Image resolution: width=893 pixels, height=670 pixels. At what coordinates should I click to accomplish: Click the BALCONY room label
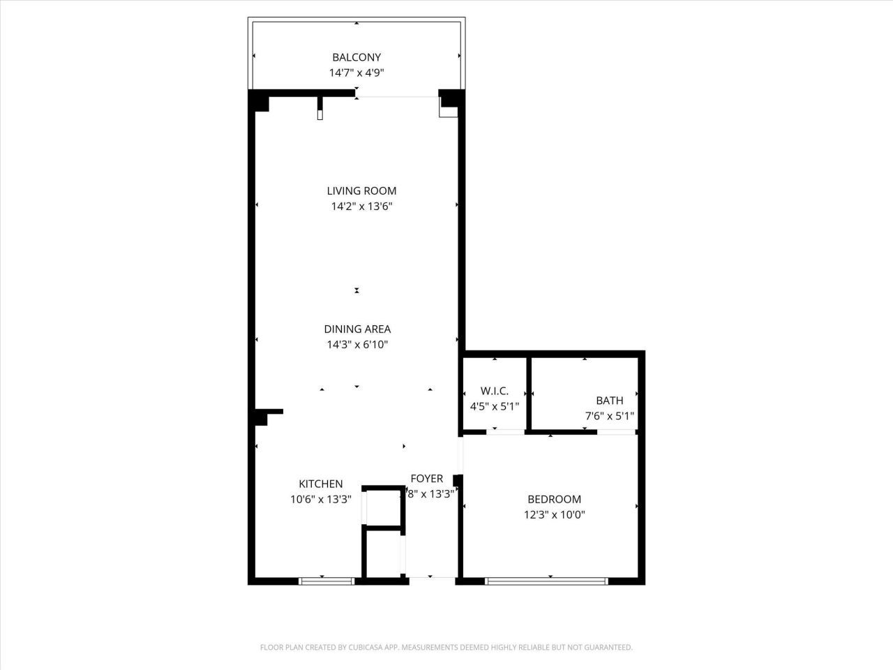[x=357, y=57]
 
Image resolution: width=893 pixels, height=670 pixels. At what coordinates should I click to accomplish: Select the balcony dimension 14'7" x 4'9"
[x=357, y=73]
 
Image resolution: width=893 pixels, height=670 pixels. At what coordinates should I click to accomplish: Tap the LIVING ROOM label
[x=361, y=191]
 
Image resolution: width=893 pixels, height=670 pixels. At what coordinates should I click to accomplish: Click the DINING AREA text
[x=357, y=329]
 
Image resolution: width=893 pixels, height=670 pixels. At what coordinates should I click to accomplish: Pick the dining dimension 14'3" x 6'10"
[x=357, y=344]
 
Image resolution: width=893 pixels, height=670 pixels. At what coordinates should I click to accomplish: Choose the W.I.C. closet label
[x=495, y=391]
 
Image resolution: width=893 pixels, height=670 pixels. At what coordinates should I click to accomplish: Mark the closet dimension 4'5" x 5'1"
[x=495, y=405]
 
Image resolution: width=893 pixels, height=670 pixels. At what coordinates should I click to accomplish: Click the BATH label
[x=609, y=401]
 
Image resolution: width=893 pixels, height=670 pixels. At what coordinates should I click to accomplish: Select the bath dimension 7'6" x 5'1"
[x=609, y=416]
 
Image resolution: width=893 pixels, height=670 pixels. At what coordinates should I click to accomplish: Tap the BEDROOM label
[x=554, y=499]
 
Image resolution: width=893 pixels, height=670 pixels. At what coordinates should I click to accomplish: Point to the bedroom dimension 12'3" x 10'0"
[x=554, y=515]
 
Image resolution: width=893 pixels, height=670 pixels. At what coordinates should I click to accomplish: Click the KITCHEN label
[x=321, y=484]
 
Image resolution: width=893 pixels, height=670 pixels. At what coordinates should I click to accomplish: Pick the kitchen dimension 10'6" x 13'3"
[x=321, y=499]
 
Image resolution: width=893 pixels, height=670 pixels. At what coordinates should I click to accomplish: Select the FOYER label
[x=426, y=478]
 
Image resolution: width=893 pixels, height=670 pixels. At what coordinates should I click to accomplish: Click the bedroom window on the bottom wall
[x=546, y=580]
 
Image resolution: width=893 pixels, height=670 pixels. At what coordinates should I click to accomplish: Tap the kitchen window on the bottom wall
[x=327, y=580]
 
